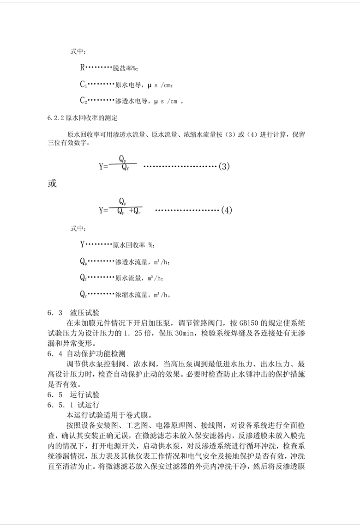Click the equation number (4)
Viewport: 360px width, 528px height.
tap(226, 210)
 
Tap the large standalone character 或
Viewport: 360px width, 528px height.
tap(52, 183)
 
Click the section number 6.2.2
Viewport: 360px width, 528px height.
tap(55, 118)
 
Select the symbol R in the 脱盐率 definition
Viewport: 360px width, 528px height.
tap(83, 68)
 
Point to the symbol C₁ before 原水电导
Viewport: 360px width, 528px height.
tap(83, 85)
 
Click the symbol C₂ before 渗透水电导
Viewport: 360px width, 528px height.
tap(83, 100)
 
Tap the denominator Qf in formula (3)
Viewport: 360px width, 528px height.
tap(125, 168)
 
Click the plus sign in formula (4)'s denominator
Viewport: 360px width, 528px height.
tap(131, 211)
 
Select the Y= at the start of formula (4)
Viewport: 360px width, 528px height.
tap(103, 211)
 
